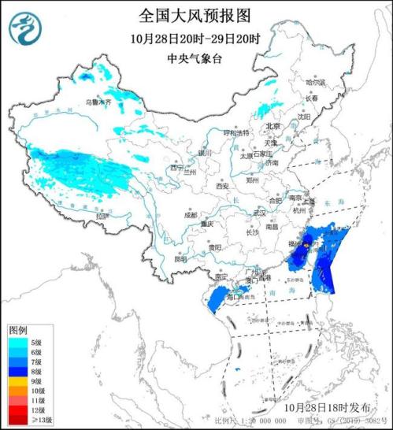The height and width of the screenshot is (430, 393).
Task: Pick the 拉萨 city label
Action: (98, 216)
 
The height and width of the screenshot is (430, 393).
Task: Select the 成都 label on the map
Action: (191, 214)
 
